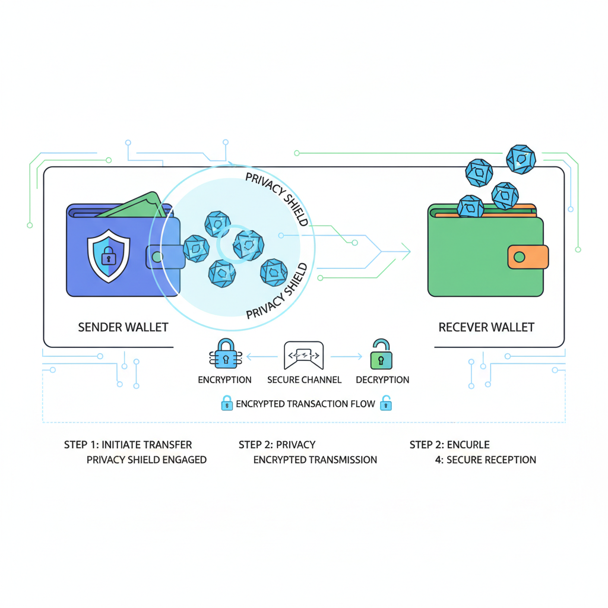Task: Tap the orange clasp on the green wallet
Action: [x=527, y=256]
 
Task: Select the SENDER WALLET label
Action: [x=123, y=327]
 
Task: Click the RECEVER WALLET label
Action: [x=486, y=327]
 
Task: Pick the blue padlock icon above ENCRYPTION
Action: [x=224, y=354]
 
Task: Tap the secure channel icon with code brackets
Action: [x=304, y=355]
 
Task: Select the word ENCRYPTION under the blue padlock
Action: [x=224, y=380]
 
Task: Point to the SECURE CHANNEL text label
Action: [x=304, y=380]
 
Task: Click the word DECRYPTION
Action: [x=382, y=380]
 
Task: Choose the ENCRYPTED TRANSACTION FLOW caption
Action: [x=305, y=404]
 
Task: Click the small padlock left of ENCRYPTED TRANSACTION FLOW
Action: [x=226, y=404]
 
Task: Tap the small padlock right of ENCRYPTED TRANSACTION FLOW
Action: [x=386, y=403]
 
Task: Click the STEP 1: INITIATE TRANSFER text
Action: [x=128, y=445]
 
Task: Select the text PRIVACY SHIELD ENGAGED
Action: [x=146, y=460]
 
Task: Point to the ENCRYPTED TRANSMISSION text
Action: [x=315, y=460]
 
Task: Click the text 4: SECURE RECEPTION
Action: [x=485, y=460]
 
